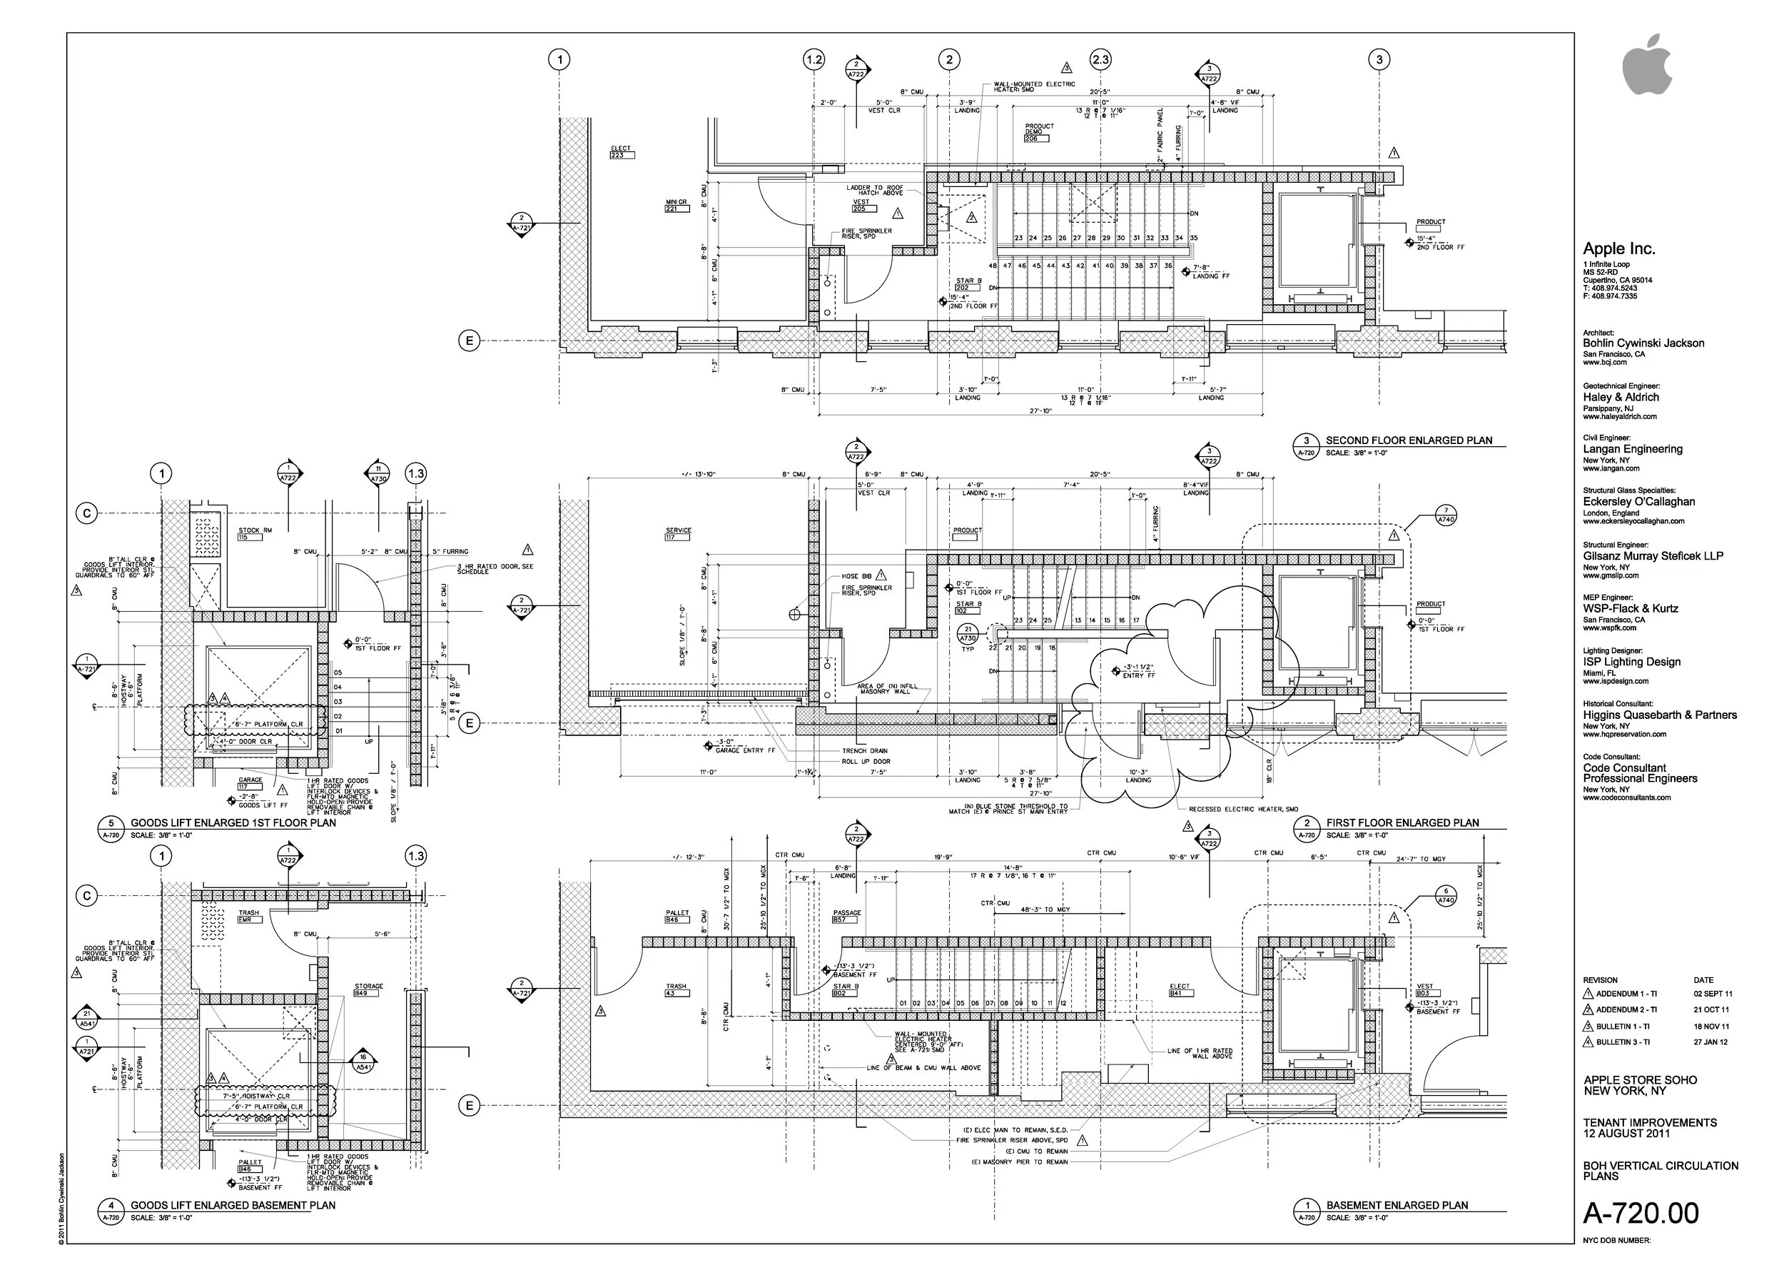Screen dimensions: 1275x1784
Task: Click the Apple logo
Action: click(1647, 65)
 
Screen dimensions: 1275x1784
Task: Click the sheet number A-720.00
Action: click(1641, 1213)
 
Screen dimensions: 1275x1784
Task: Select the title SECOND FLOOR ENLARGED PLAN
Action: click(1409, 440)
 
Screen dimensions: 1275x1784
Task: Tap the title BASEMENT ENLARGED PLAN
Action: click(1397, 1205)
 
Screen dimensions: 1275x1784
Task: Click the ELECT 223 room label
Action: click(621, 151)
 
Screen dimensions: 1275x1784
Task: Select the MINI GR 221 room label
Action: click(676, 206)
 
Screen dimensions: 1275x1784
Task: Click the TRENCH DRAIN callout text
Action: click(864, 750)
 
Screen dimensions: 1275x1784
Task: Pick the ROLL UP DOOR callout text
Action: click(866, 762)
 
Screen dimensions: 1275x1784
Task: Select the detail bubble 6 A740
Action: click(1446, 896)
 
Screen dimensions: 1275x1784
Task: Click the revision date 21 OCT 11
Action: click(1711, 1009)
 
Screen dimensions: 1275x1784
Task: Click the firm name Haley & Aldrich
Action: click(1621, 397)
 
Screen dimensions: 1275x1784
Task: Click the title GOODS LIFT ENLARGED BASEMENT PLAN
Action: click(233, 1205)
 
